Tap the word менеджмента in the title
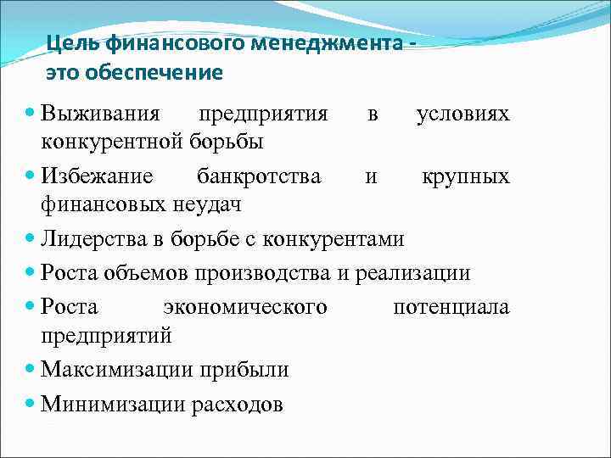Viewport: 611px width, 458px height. (x=340, y=43)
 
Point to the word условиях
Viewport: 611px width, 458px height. (x=462, y=114)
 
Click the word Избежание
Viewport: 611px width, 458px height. (x=98, y=176)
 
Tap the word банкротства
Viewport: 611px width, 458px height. (x=259, y=176)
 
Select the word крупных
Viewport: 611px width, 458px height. (x=467, y=176)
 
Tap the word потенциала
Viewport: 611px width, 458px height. (x=451, y=306)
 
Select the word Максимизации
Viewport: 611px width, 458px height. (x=120, y=370)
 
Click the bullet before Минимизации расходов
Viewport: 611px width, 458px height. (x=31, y=403)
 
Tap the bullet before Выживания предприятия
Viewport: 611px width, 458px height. (x=31, y=113)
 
